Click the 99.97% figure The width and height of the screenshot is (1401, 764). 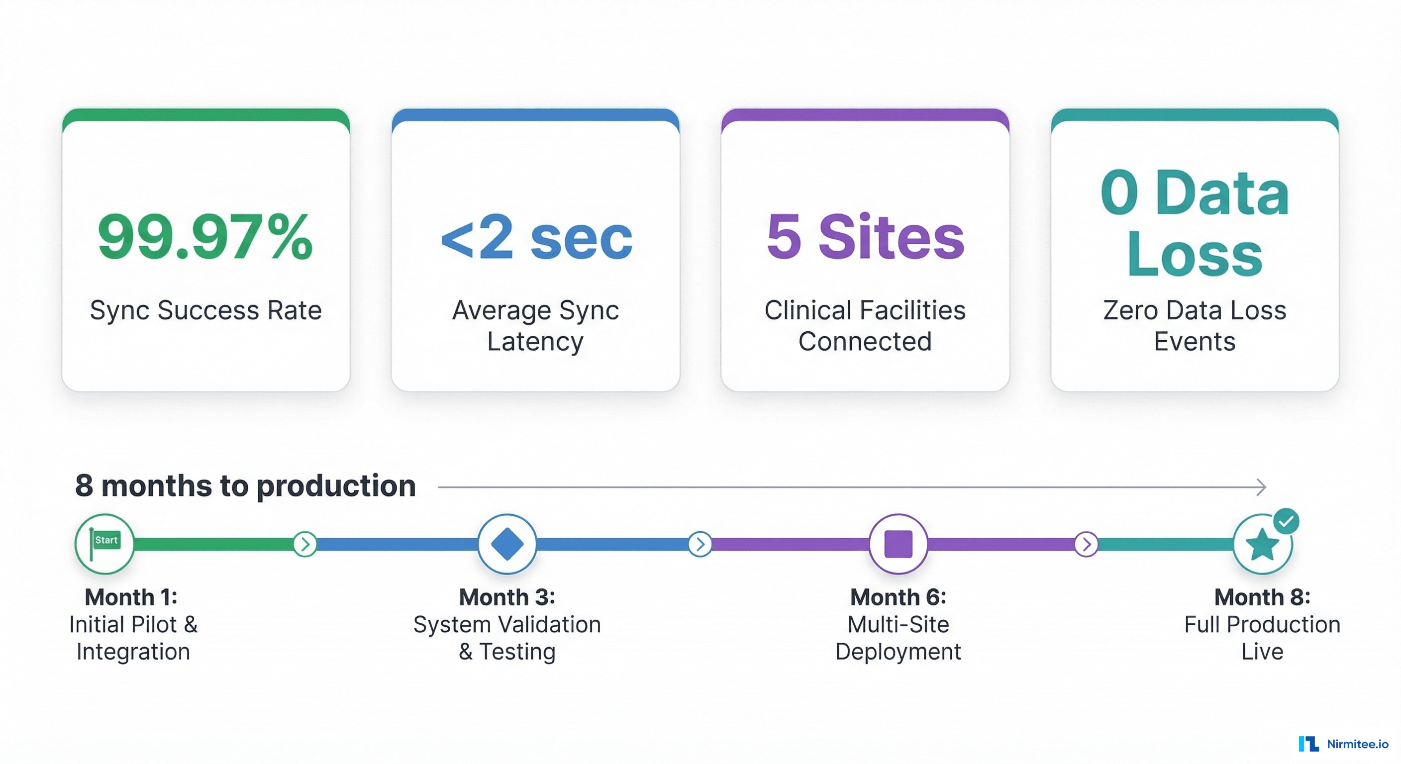(x=205, y=237)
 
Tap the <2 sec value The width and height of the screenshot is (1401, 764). (x=536, y=237)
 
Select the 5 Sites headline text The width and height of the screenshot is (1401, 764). (x=865, y=237)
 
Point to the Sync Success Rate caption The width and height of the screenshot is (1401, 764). (x=205, y=310)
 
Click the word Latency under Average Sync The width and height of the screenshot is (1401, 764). (x=535, y=342)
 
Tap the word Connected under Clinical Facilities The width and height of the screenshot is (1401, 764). (x=865, y=342)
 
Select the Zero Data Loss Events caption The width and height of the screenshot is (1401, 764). (x=1195, y=326)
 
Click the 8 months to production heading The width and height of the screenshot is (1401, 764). (x=245, y=485)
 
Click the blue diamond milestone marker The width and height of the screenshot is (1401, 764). (x=507, y=543)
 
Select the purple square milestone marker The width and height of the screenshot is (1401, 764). (x=898, y=544)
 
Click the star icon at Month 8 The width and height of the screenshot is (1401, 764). (x=1262, y=545)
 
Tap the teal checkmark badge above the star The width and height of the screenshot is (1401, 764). (x=1286, y=521)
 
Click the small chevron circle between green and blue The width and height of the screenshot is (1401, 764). (x=305, y=544)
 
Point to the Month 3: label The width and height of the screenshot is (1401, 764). (x=507, y=597)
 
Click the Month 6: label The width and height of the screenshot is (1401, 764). (x=898, y=597)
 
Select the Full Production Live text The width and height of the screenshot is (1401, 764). (x=1262, y=637)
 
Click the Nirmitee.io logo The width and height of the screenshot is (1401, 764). (x=1343, y=743)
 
